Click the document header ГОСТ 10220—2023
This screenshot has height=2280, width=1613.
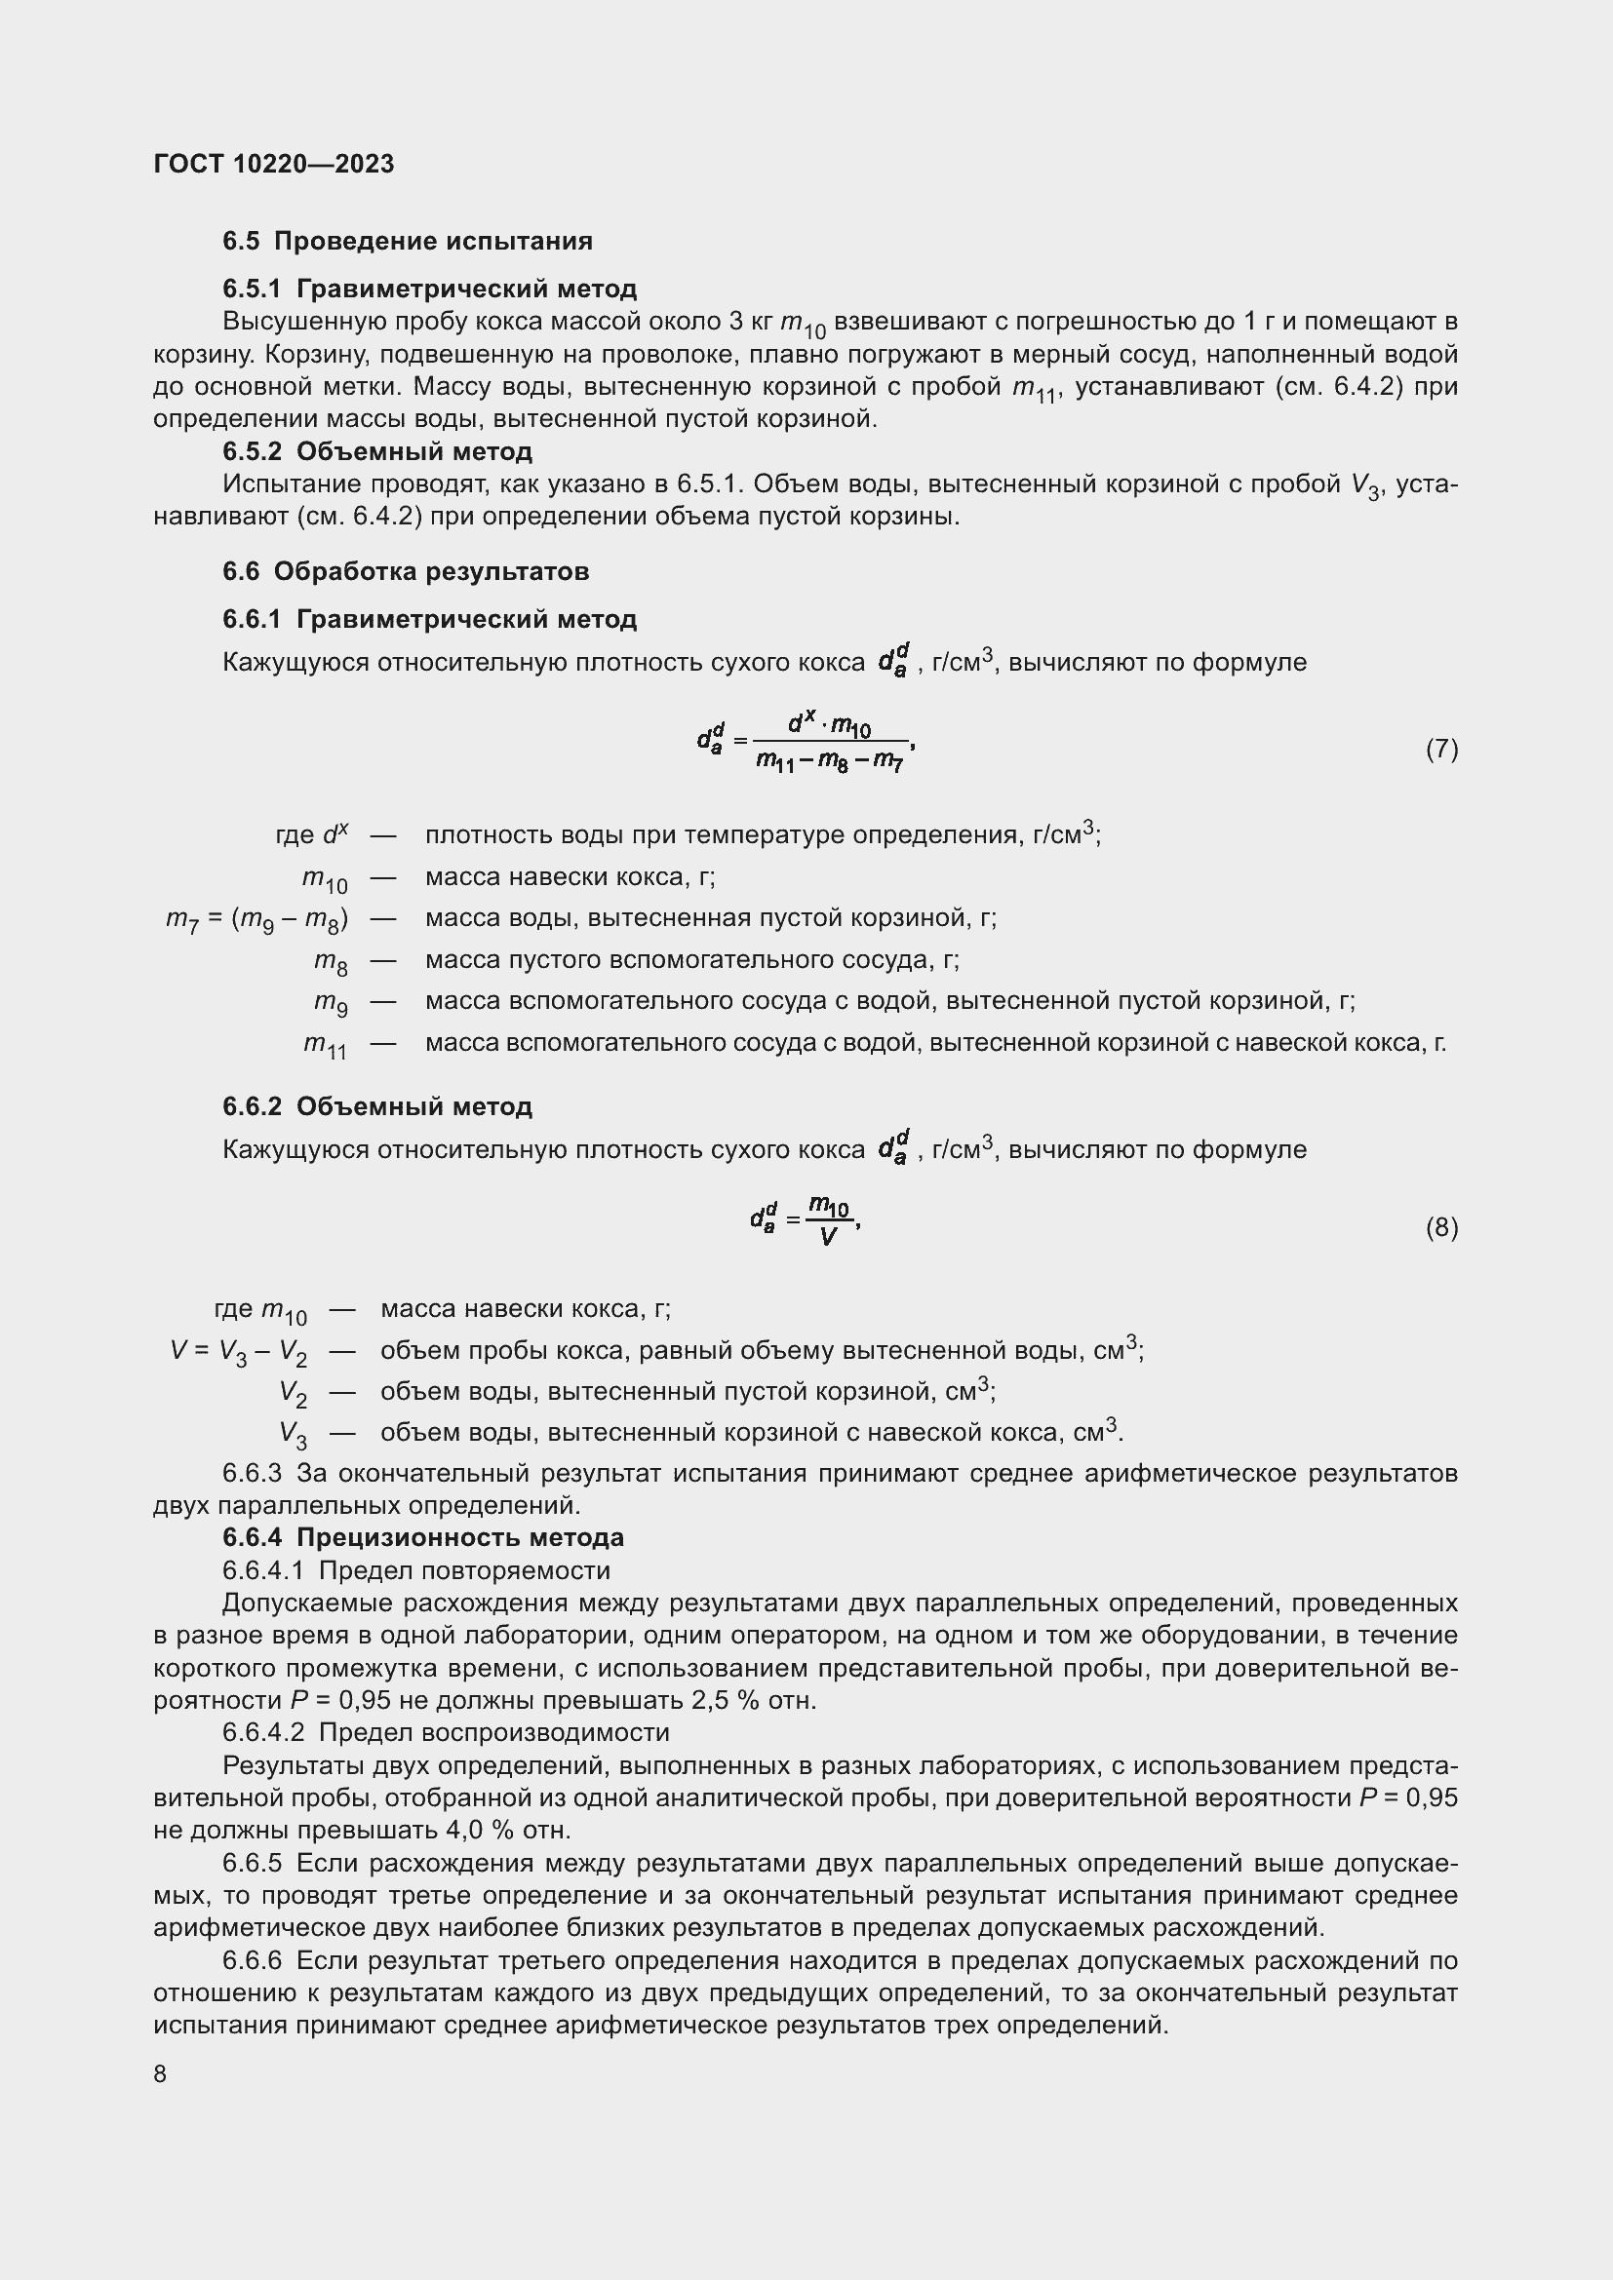pyautogui.click(x=273, y=164)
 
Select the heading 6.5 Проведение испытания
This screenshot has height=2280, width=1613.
pyautogui.click(x=408, y=242)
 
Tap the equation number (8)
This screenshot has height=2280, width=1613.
pyautogui.click(x=1441, y=1227)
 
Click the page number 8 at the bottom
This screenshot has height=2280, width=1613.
pyautogui.click(x=160, y=2073)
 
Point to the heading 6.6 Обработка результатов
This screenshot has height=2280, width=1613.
pyautogui.click(x=406, y=571)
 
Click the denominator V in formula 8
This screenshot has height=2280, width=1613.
pyautogui.click(x=828, y=1236)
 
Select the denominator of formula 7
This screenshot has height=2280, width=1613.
pyautogui.click(x=829, y=760)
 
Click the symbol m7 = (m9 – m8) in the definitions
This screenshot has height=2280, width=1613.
pyautogui.click(x=256, y=919)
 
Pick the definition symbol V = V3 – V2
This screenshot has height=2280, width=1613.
pyautogui.click(x=238, y=1351)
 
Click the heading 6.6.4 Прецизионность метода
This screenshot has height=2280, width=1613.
pyautogui.click(x=423, y=1537)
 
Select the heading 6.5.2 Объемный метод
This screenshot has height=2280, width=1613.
pyautogui.click(x=377, y=452)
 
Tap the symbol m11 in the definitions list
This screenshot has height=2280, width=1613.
pyautogui.click(x=325, y=1045)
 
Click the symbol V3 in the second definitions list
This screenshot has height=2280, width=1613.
pyautogui.click(x=293, y=1434)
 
